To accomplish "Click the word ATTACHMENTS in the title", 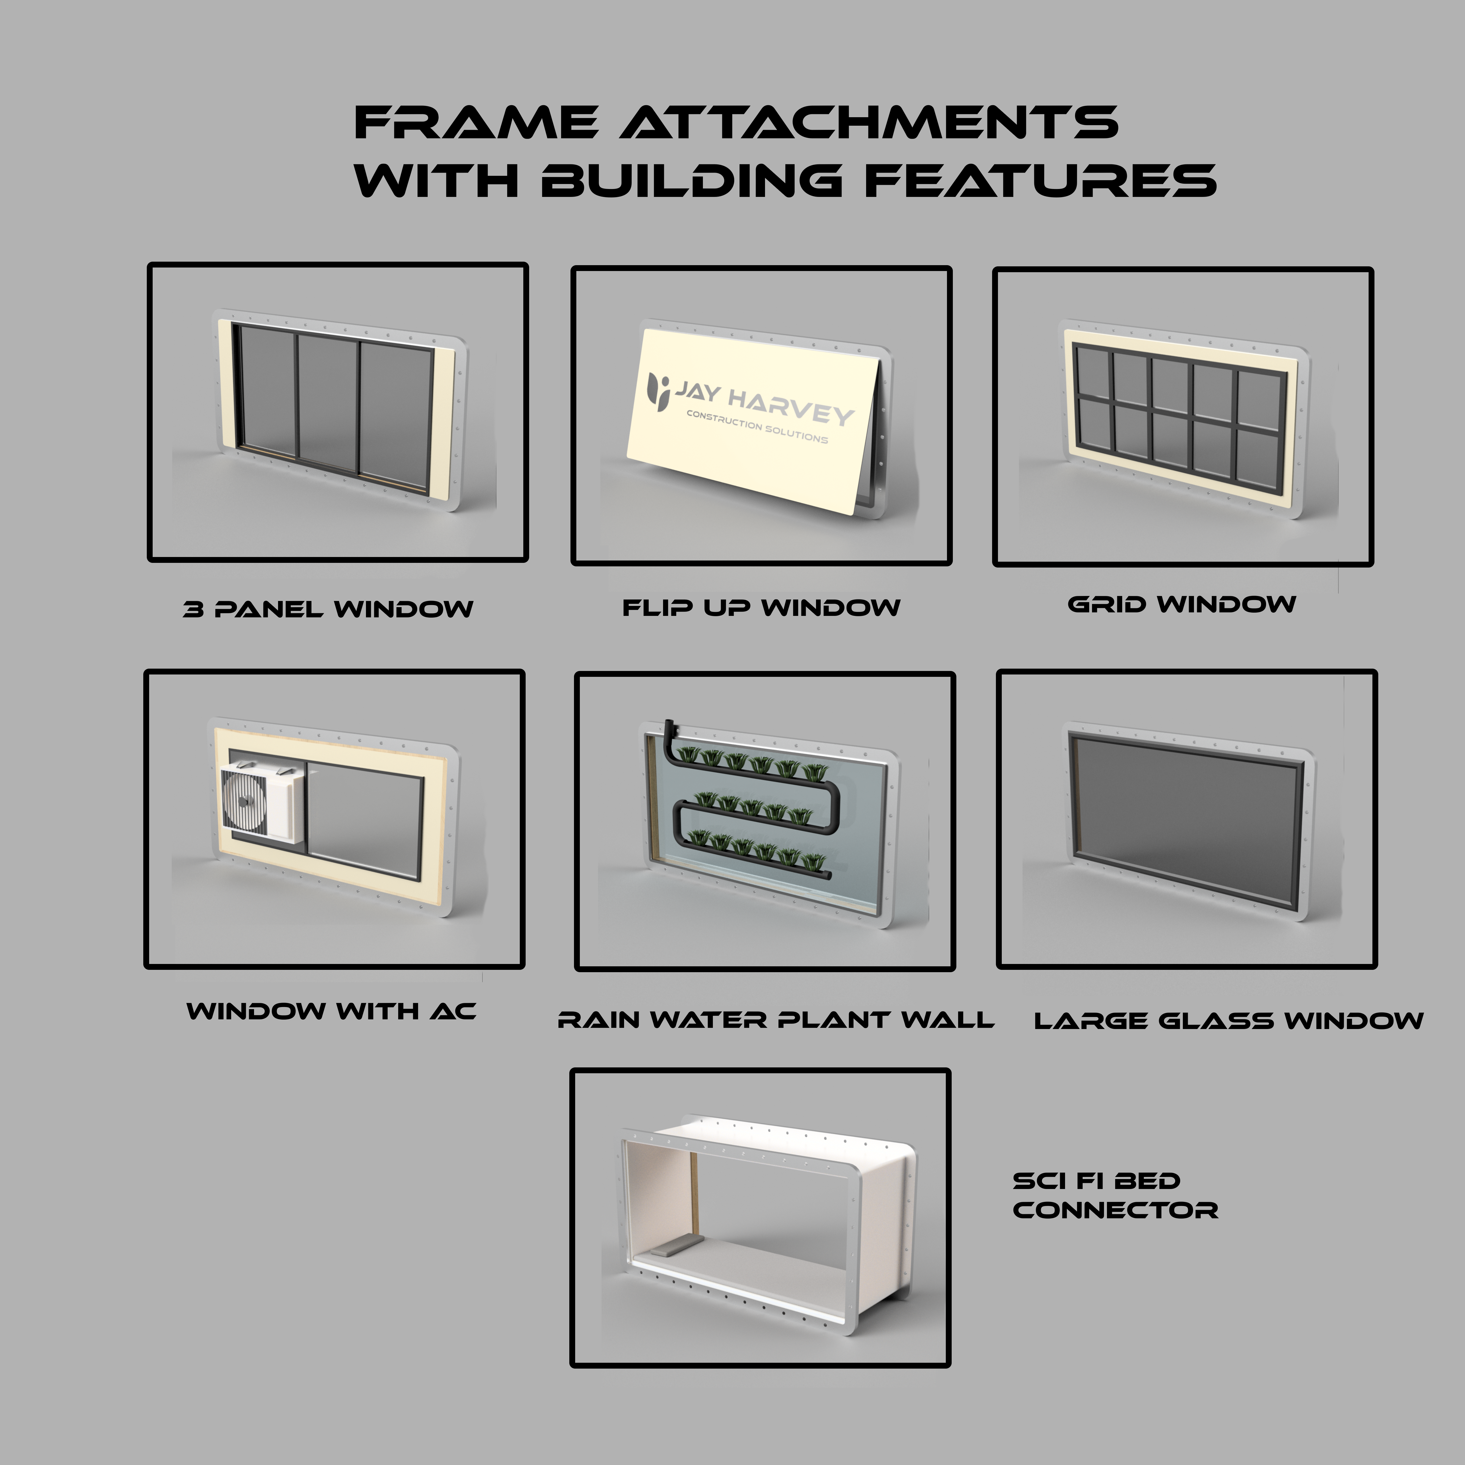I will click(x=869, y=123).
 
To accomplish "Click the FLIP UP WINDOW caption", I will click(x=761, y=607).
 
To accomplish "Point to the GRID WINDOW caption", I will click(x=1181, y=604).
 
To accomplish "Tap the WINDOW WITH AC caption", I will click(x=331, y=1011).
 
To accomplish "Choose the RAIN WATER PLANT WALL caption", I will click(x=775, y=1020).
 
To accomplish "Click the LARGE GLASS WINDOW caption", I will click(x=1229, y=1021).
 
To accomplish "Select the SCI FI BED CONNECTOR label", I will click(x=1115, y=1196).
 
